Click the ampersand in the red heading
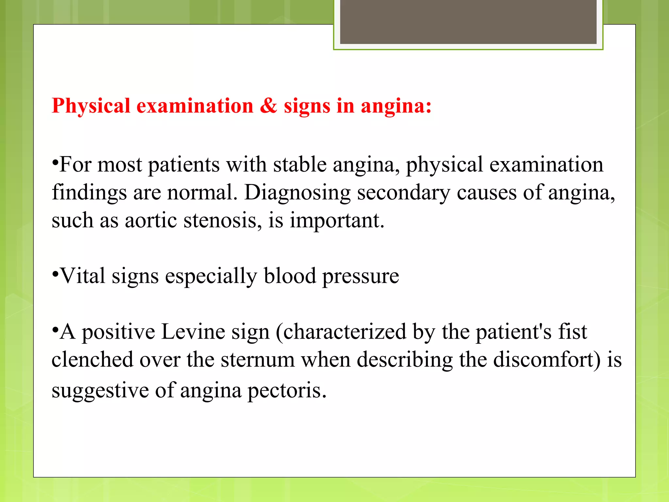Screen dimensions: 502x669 268,106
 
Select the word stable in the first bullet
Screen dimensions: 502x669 300,164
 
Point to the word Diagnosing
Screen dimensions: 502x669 297,193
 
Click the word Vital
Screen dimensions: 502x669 83,276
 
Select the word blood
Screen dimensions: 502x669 290,276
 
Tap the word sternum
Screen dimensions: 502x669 258,360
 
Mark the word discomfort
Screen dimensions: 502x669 547,360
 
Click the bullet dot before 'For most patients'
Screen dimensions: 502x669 55,161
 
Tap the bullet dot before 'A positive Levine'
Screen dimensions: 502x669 55,329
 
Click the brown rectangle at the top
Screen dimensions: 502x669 468,22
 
